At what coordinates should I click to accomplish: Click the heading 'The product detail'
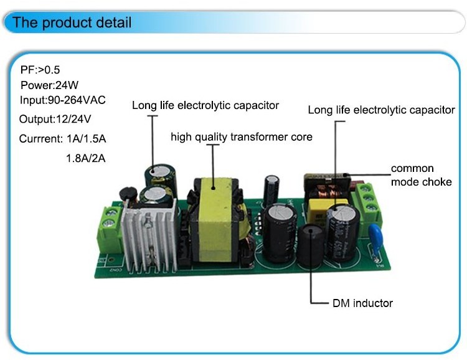click(72, 24)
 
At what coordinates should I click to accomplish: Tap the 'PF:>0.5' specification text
click(42, 70)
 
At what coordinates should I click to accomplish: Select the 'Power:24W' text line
click(49, 85)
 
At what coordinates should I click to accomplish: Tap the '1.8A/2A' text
click(86, 158)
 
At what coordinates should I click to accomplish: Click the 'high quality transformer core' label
click(242, 136)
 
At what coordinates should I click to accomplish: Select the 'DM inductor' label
click(361, 303)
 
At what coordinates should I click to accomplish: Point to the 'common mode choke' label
click(421, 176)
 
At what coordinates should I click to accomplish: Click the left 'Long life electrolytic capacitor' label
click(205, 105)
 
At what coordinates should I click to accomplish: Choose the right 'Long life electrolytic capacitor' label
click(382, 110)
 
